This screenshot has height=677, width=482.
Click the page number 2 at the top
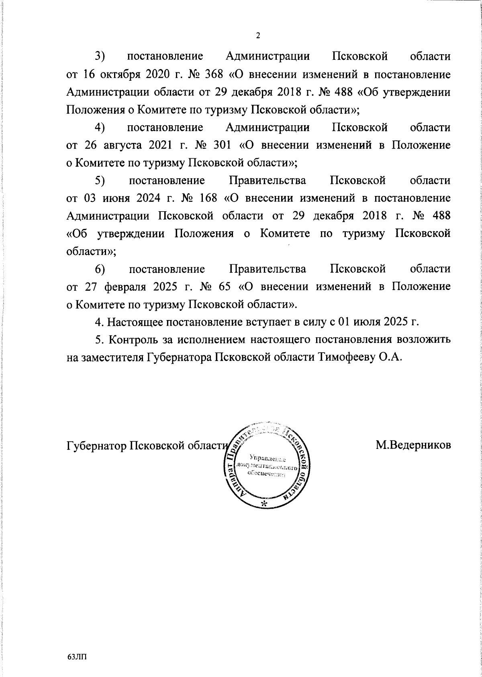[258, 36]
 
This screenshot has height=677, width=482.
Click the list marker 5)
[100, 181]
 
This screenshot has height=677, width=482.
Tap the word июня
[109, 198]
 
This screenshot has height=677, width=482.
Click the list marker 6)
[100, 269]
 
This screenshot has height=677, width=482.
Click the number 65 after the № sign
[225, 287]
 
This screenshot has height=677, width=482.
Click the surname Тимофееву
[344, 357]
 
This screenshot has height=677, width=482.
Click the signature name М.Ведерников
[413, 445]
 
